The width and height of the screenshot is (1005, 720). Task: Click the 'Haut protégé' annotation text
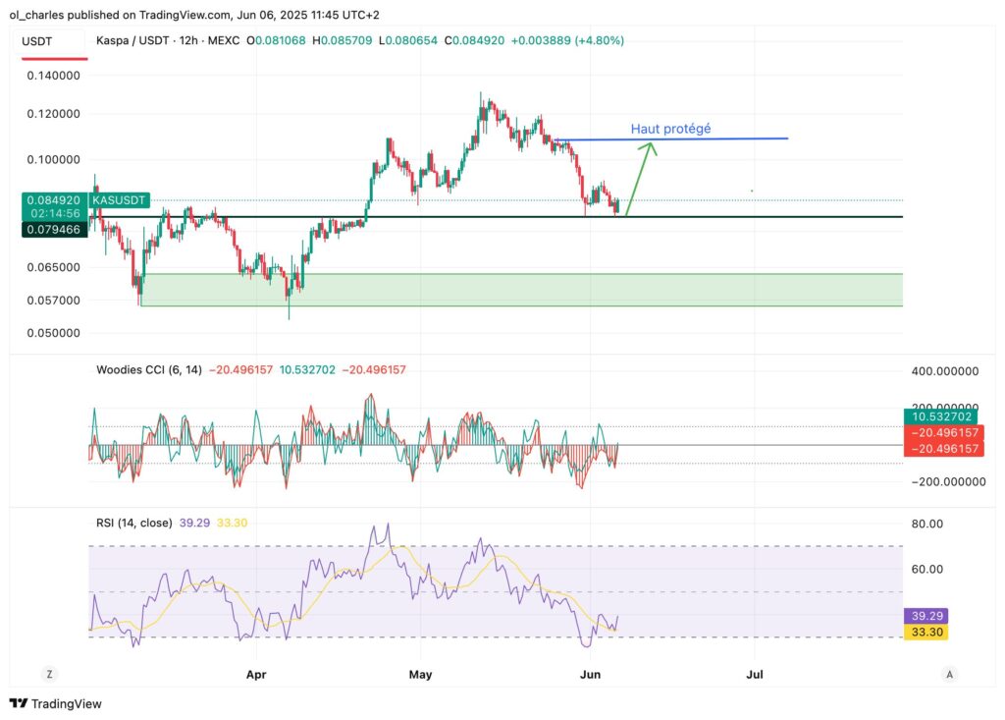tap(670, 129)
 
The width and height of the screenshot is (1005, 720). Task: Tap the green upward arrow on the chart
tap(639, 178)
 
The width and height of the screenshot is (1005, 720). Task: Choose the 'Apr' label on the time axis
tap(256, 675)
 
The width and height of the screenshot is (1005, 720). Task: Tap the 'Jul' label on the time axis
tap(755, 675)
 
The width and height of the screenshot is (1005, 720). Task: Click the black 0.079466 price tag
tap(53, 229)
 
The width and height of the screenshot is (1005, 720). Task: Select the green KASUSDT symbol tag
tap(118, 199)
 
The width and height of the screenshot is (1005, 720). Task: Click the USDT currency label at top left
tap(37, 41)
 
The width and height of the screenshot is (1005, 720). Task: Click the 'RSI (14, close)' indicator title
tap(133, 523)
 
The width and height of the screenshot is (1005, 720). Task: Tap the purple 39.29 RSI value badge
tap(926, 616)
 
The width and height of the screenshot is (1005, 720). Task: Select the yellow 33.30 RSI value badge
tap(926, 632)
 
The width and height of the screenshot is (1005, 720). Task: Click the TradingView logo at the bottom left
tap(56, 703)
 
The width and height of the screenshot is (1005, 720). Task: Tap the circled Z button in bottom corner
tap(48, 675)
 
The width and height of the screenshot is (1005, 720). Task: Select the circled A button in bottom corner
tap(948, 675)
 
